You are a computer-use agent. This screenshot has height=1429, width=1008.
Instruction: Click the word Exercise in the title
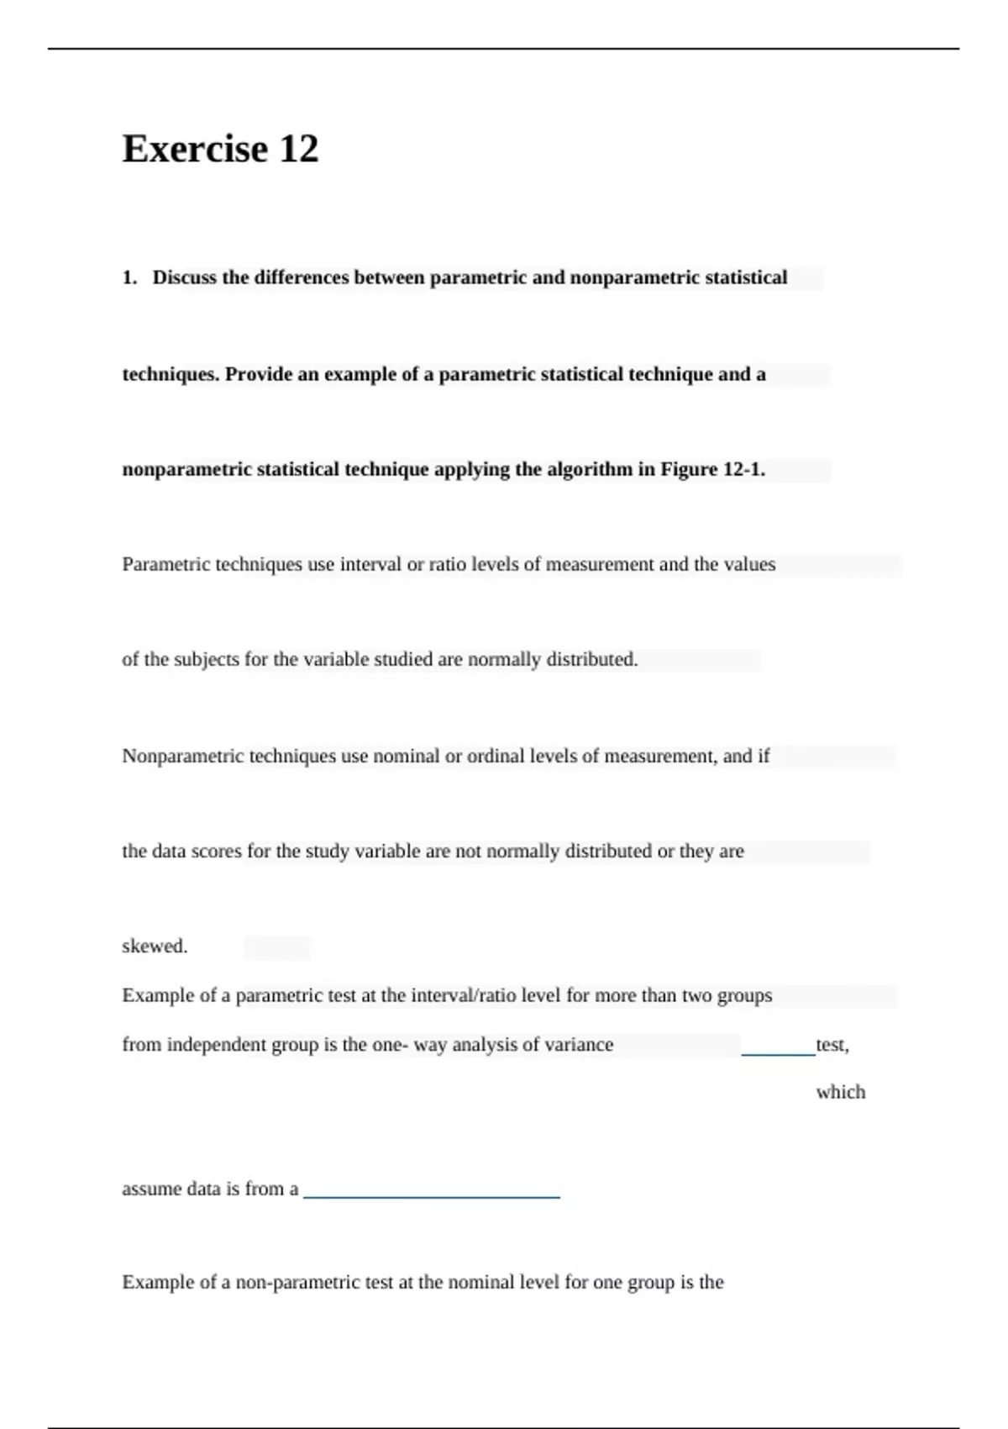pyautogui.click(x=195, y=149)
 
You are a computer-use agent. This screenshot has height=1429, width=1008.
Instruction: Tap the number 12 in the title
pyautogui.click(x=298, y=149)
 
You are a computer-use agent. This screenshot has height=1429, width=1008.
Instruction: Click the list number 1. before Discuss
pyautogui.click(x=129, y=278)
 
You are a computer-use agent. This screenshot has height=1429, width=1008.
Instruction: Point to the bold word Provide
pyautogui.click(x=258, y=375)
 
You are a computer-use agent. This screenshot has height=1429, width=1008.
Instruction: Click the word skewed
pyautogui.click(x=155, y=947)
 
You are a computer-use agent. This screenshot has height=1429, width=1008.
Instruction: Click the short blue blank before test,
pyautogui.click(x=778, y=1052)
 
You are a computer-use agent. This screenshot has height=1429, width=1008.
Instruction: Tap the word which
pyautogui.click(x=840, y=1092)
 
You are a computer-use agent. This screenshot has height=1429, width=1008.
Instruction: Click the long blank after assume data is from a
pyautogui.click(x=431, y=1194)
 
